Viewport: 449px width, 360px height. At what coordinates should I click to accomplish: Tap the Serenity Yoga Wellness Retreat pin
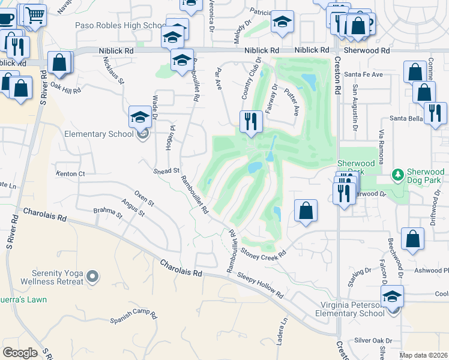tap(92, 277)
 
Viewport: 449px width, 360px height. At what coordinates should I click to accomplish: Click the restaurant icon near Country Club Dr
tap(250, 121)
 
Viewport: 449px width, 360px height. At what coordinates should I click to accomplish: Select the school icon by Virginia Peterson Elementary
tap(392, 296)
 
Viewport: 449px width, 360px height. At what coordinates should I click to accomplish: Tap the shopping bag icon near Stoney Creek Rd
tap(306, 211)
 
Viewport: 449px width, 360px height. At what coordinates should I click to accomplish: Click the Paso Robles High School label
tap(118, 26)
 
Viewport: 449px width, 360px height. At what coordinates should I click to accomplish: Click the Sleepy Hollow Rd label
tap(260, 285)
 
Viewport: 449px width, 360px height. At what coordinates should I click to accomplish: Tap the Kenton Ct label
tap(71, 174)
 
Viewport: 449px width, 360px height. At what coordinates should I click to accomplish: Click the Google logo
tap(20, 352)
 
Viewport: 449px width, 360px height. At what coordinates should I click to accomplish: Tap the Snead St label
tap(168, 171)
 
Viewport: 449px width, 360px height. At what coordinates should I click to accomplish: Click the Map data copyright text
tap(423, 355)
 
